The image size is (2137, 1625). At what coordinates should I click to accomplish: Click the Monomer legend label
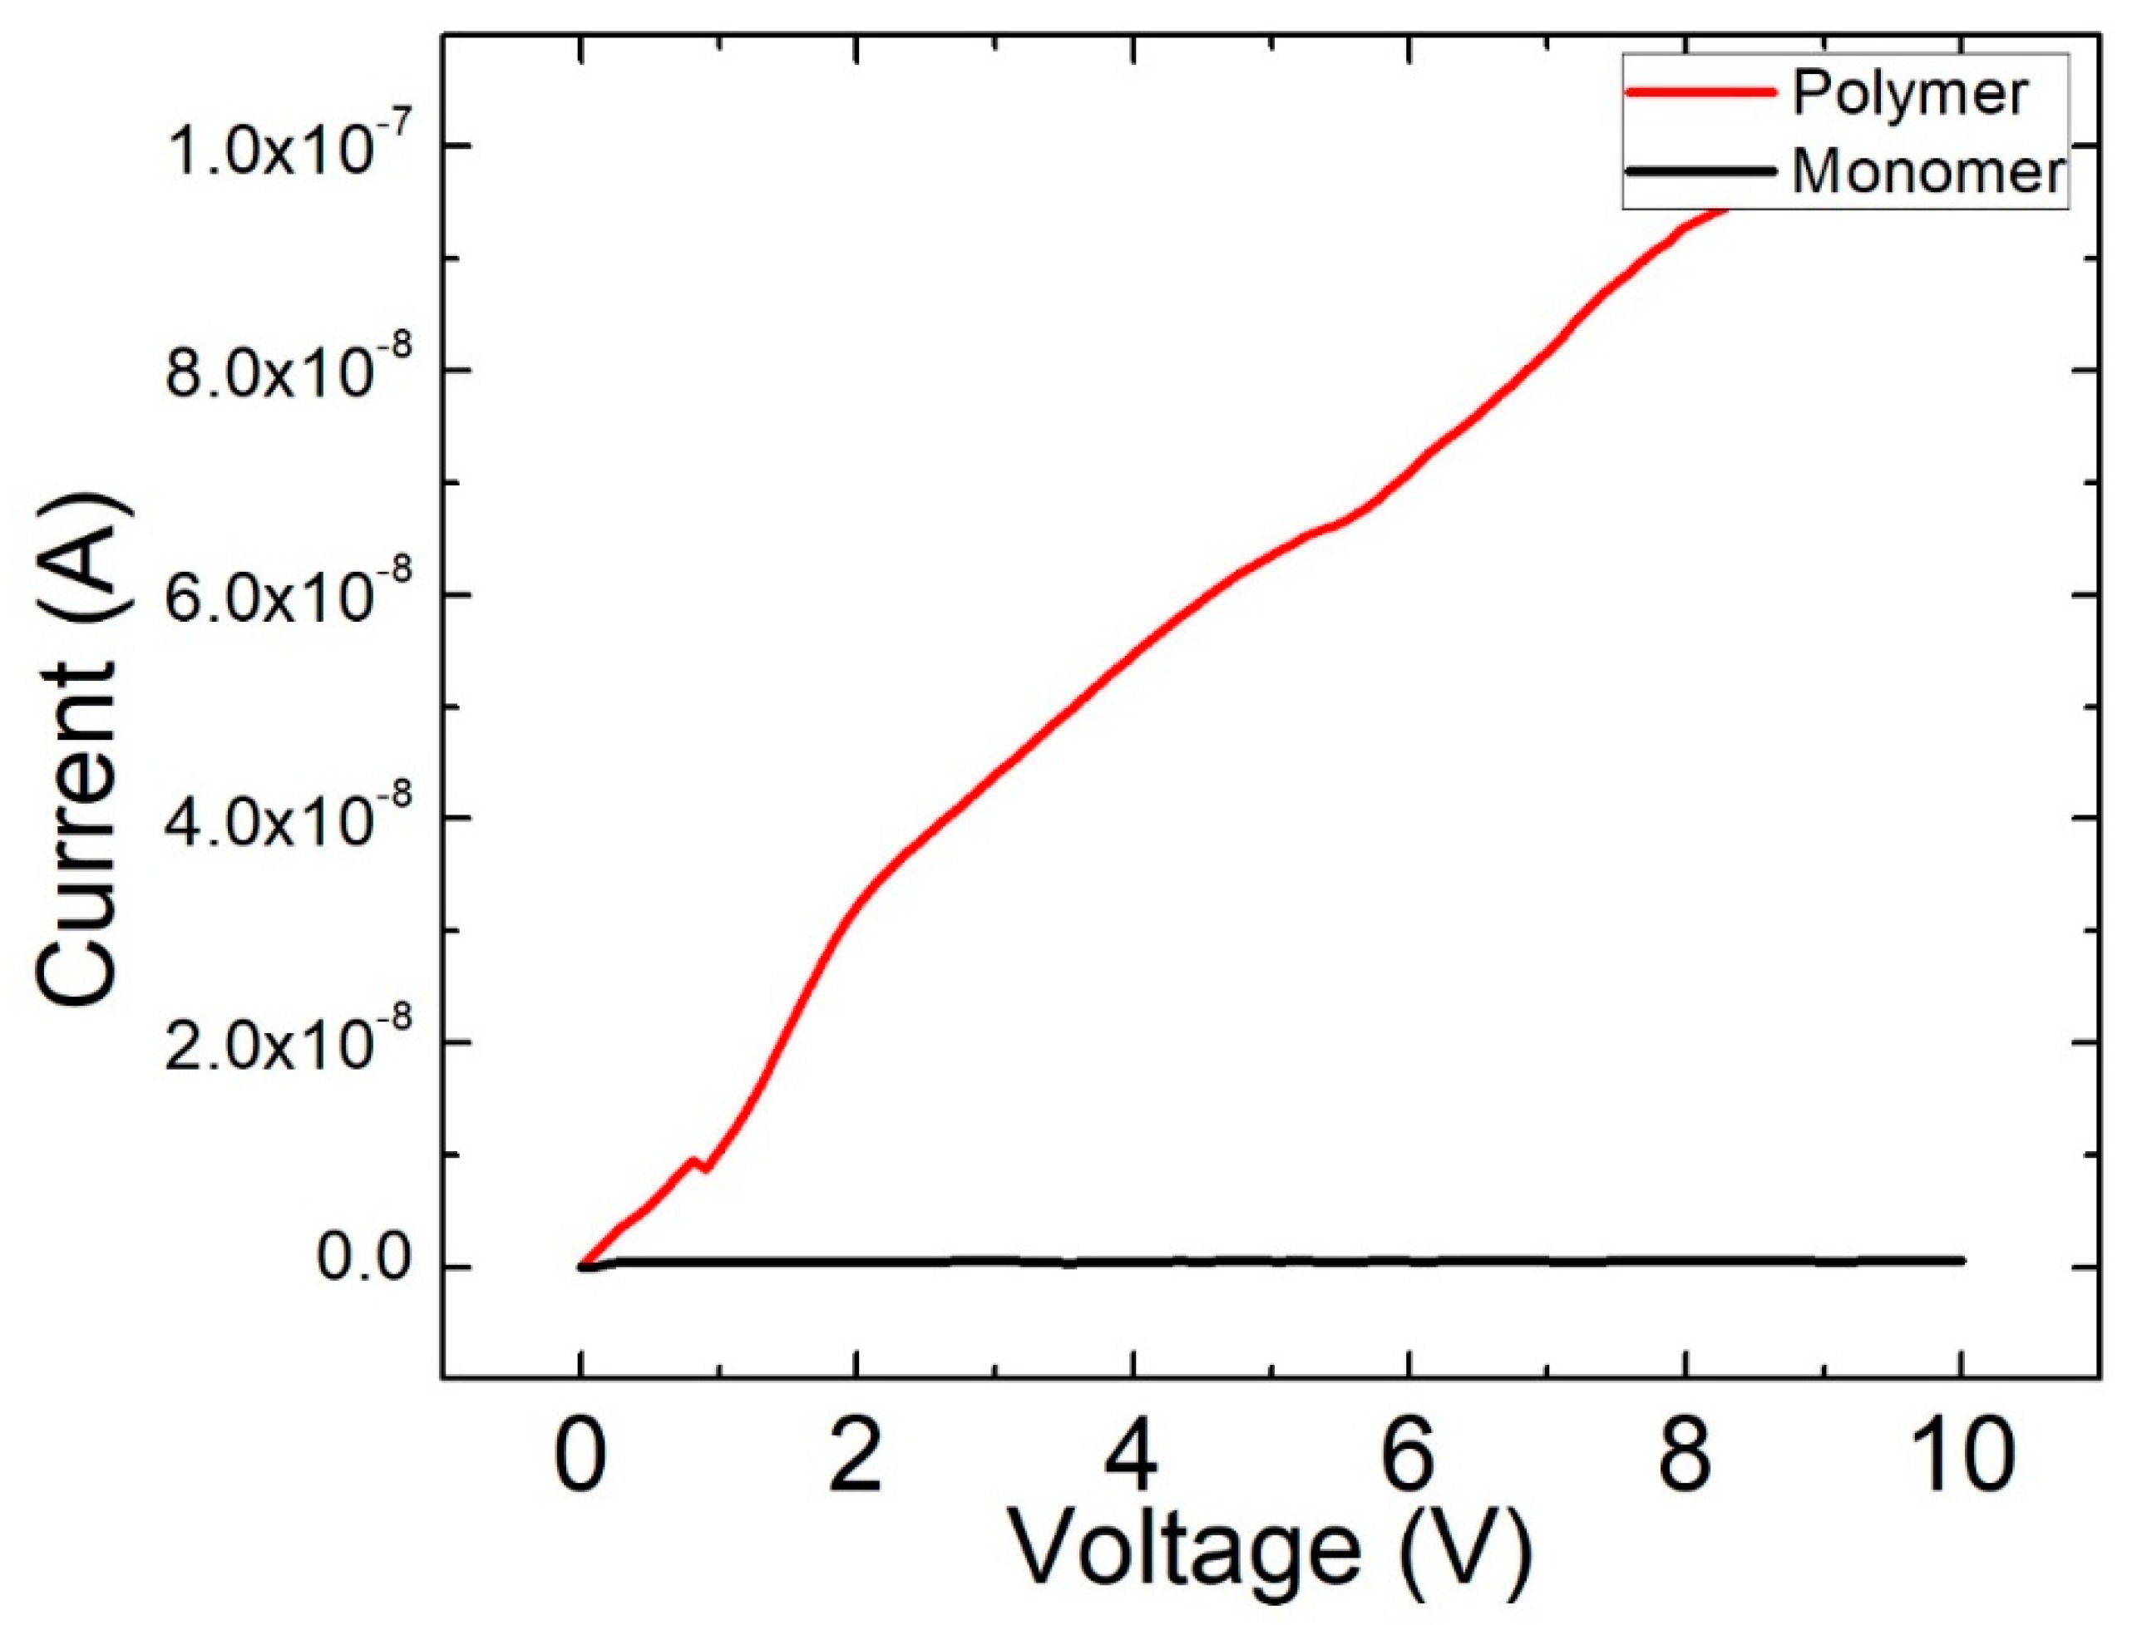[x=1928, y=172]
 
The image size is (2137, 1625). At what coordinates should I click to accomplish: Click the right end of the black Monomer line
[x=1960, y=1259]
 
